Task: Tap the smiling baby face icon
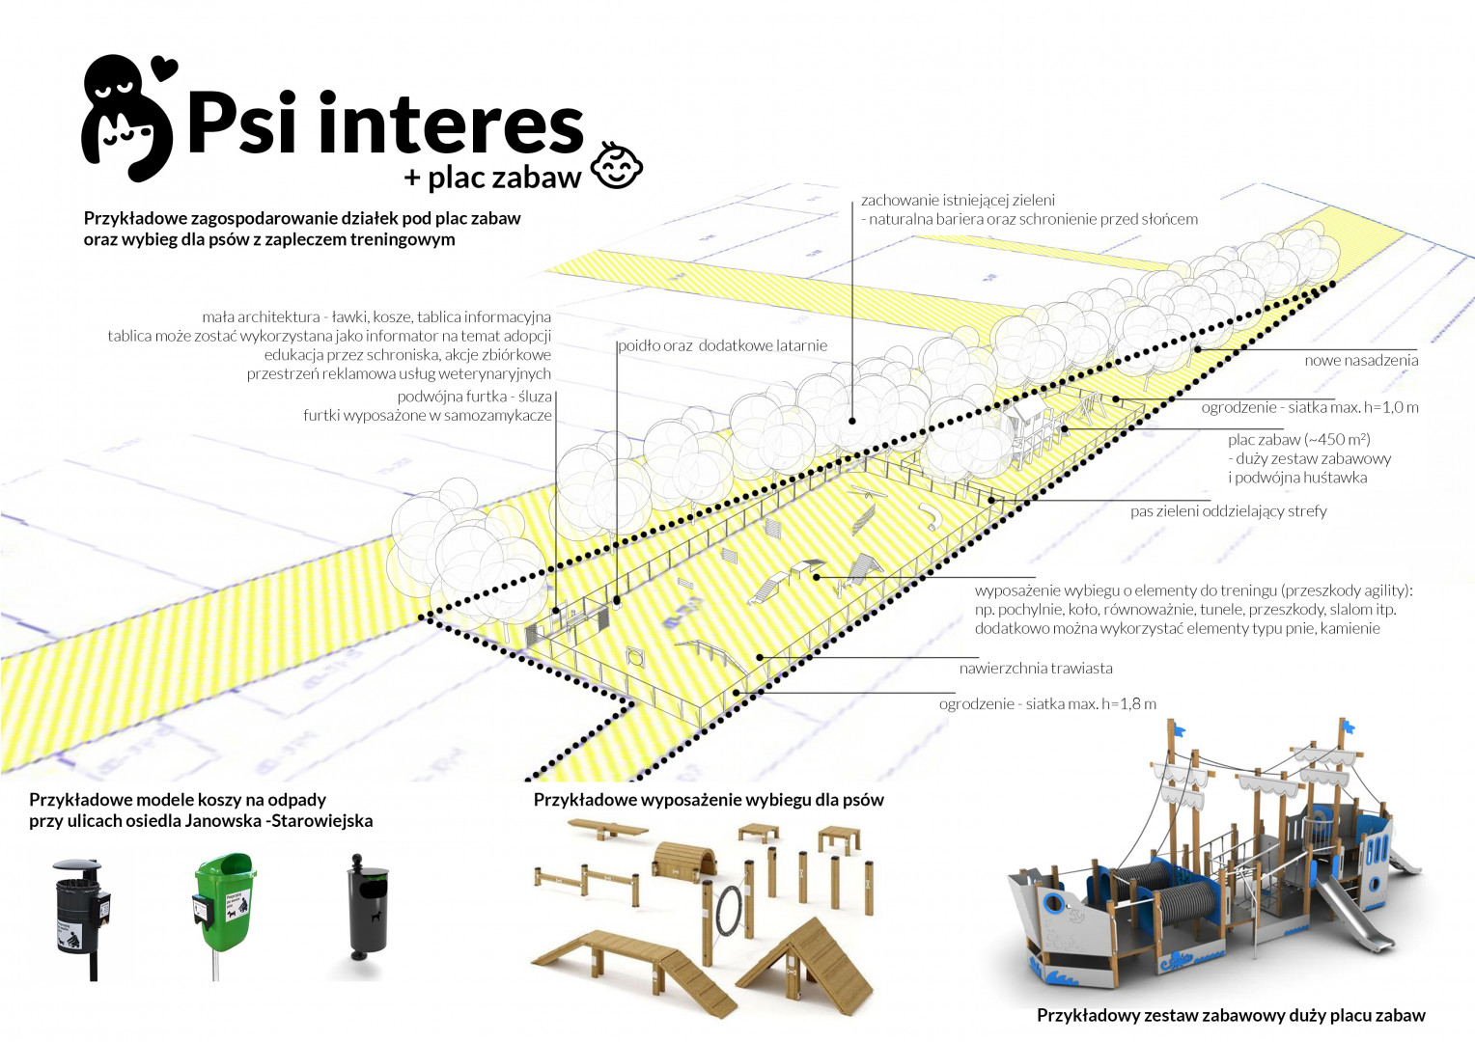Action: coord(616,165)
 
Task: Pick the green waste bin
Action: coord(225,901)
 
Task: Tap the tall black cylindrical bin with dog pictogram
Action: coord(368,907)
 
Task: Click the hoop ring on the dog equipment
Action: coord(731,911)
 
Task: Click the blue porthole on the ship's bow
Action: coord(1054,903)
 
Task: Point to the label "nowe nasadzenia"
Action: coord(1361,360)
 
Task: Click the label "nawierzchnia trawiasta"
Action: coord(1035,668)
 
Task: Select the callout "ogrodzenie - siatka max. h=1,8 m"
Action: coord(1047,703)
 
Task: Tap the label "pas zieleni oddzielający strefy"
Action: coord(1228,510)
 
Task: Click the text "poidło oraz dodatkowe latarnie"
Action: coord(723,345)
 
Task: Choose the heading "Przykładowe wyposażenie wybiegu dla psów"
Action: coord(709,799)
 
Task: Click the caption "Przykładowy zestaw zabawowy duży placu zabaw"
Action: coord(1231,1014)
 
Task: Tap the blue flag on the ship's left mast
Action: coord(1178,727)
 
